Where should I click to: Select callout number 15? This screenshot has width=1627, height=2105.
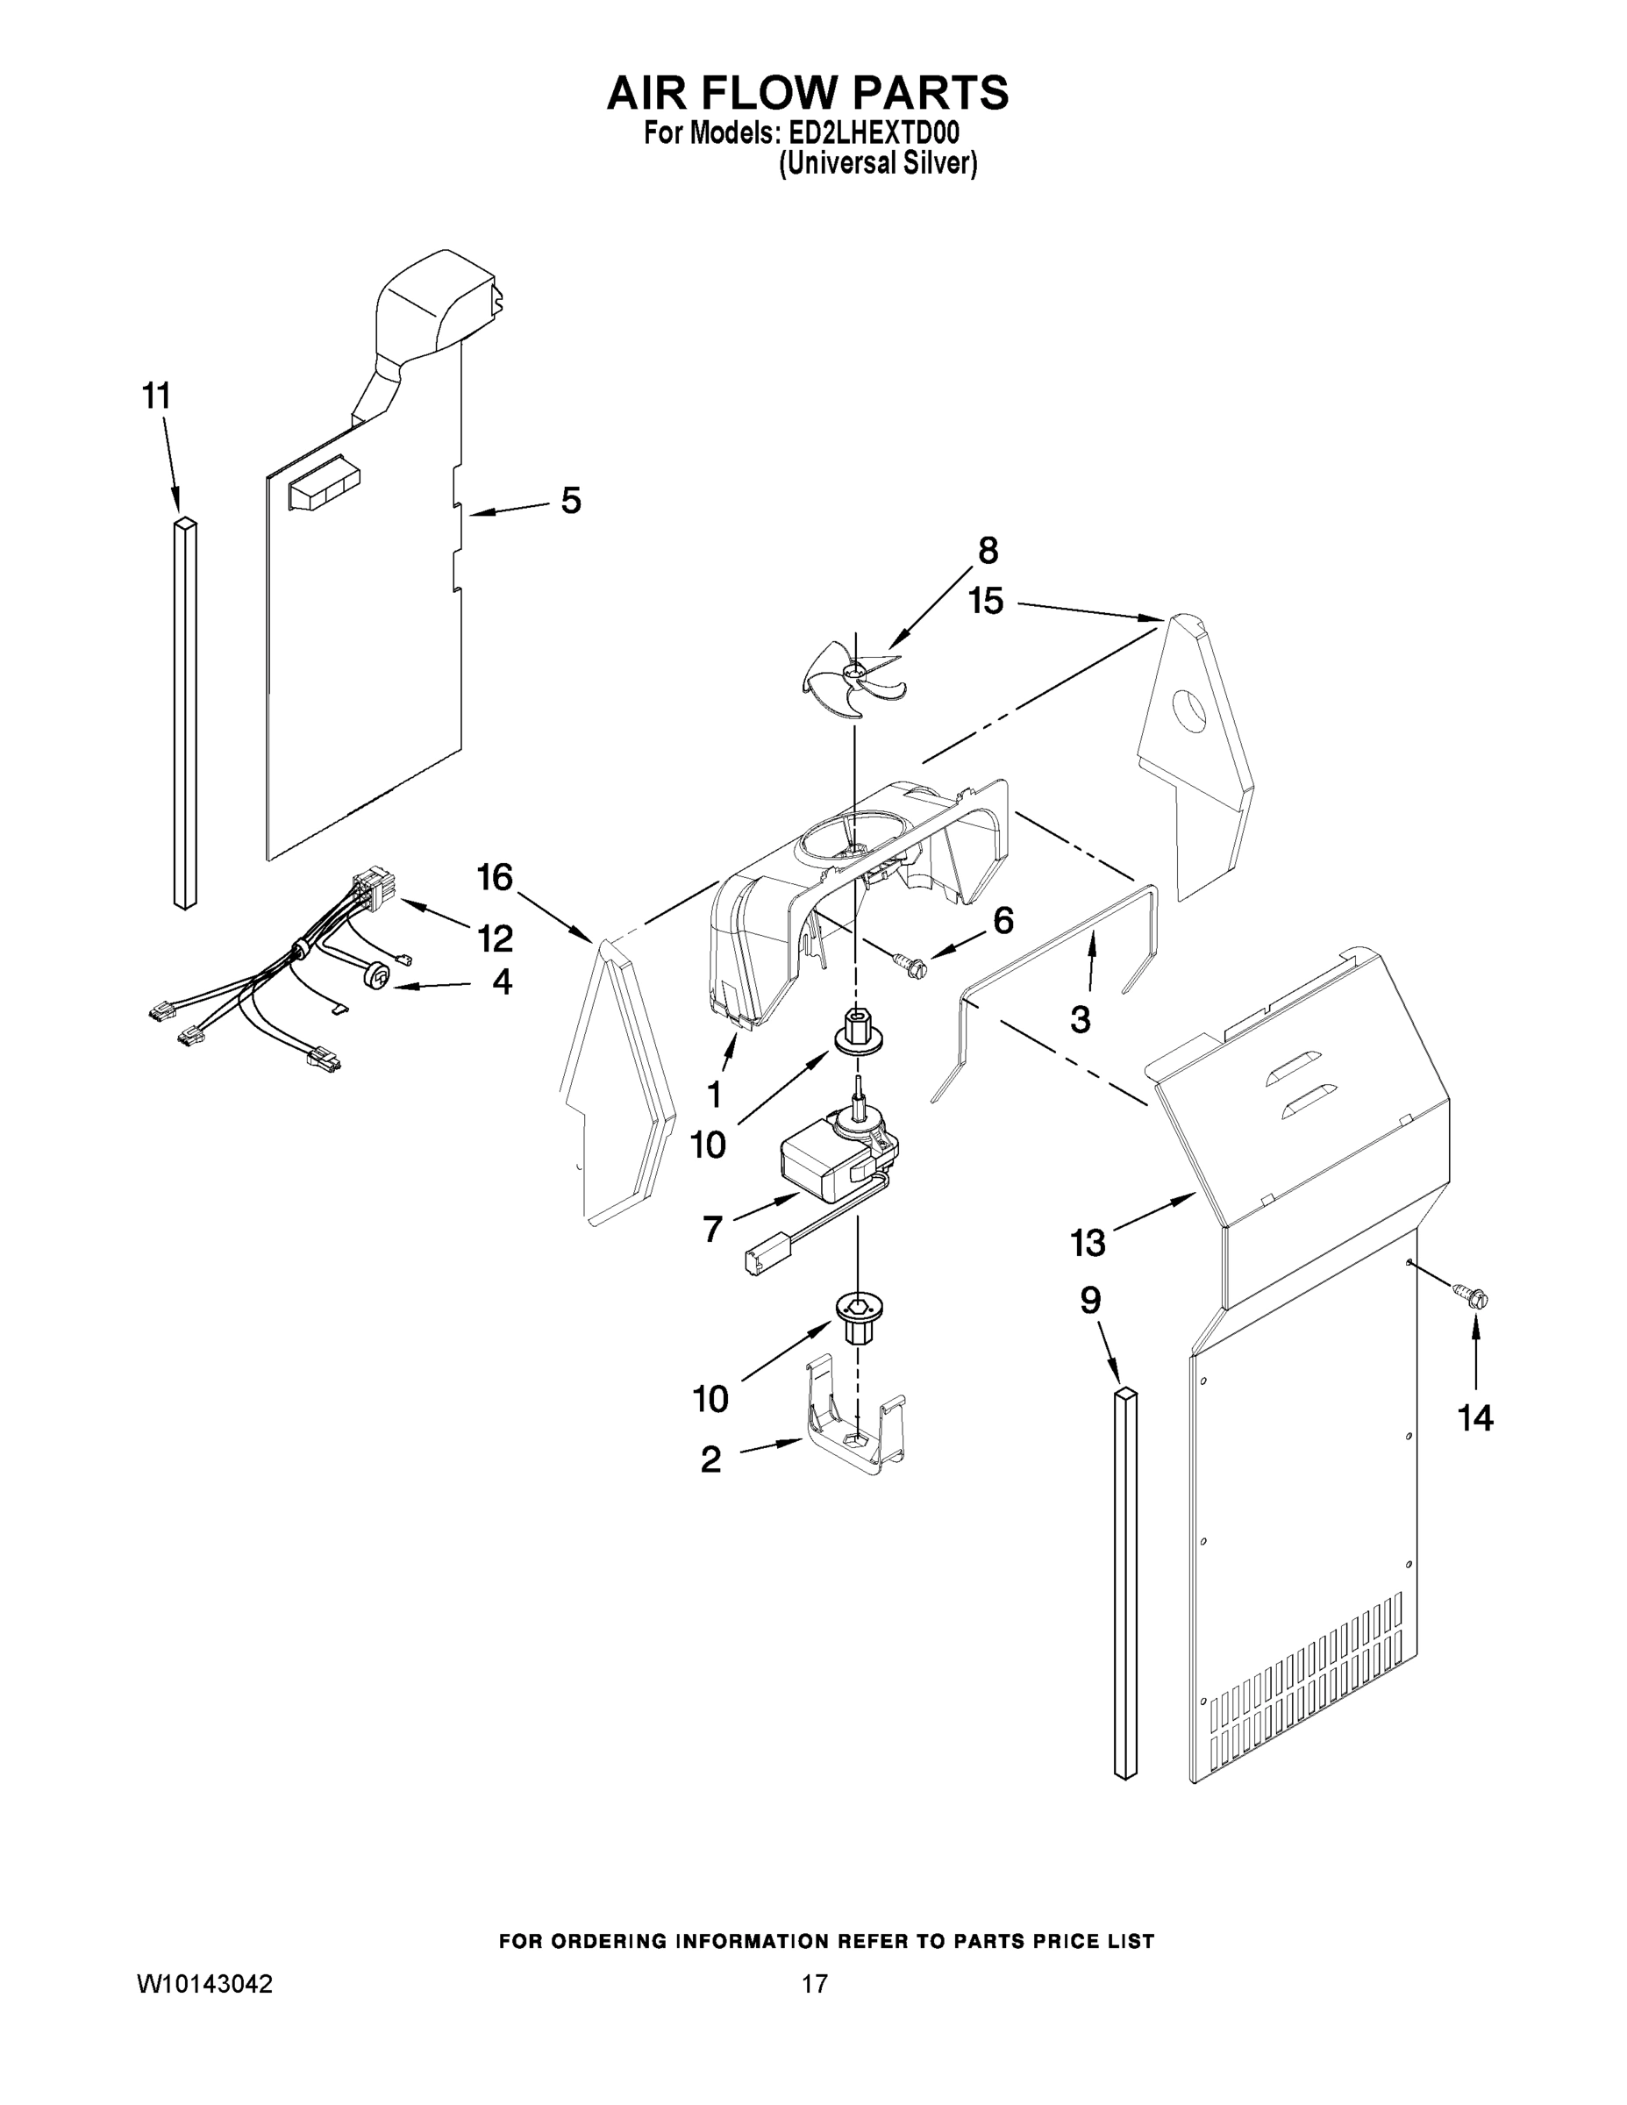click(986, 602)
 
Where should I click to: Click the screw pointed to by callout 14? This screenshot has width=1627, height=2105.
click(1474, 1297)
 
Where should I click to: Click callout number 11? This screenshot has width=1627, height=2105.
click(156, 396)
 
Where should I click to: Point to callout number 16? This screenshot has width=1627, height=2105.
click(495, 877)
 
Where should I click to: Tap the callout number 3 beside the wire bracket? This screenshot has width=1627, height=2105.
click(1081, 1020)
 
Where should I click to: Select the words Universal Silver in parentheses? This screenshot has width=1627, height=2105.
click(877, 164)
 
